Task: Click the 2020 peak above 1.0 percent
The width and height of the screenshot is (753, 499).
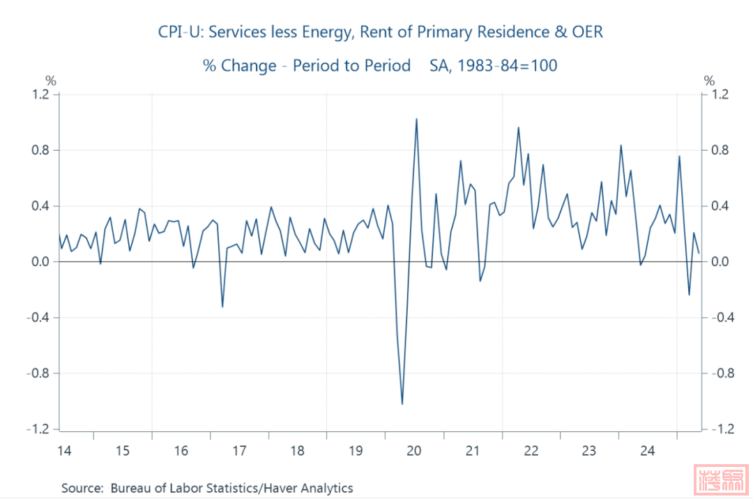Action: [x=416, y=119]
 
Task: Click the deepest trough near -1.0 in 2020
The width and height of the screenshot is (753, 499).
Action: [x=402, y=404]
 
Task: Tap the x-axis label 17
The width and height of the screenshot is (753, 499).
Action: [x=239, y=451]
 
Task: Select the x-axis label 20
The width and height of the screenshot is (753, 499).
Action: [x=413, y=451]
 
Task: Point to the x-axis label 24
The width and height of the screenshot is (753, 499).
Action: [x=647, y=451]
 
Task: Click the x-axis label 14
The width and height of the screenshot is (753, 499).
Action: [x=64, y=451]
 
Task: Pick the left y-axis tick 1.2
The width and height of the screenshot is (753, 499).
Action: [x=41, y=95]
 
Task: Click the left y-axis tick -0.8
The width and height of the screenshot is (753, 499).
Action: [x=39, y=374]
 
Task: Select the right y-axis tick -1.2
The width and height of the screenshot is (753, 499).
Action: [x=716, y=429]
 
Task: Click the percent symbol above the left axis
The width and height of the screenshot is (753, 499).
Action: [x=50, y=81]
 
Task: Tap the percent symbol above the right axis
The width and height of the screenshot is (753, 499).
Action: [x=710, y=81]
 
